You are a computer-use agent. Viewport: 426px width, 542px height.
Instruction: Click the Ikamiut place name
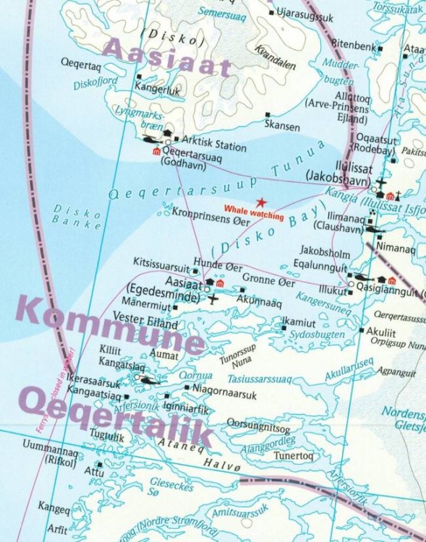pyautogui.click(x=299, y=321)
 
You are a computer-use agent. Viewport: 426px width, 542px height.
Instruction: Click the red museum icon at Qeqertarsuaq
pyautogui.click(x=155, y=153)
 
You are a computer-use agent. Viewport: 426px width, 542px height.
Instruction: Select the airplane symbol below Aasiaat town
pyautogui.click(x=213, y=299)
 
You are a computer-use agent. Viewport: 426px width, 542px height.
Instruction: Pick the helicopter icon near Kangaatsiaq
pyautogui.click(x=147, y=380)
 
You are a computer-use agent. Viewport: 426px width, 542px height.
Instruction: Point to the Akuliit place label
pyautogui.click(x=381, y=332)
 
